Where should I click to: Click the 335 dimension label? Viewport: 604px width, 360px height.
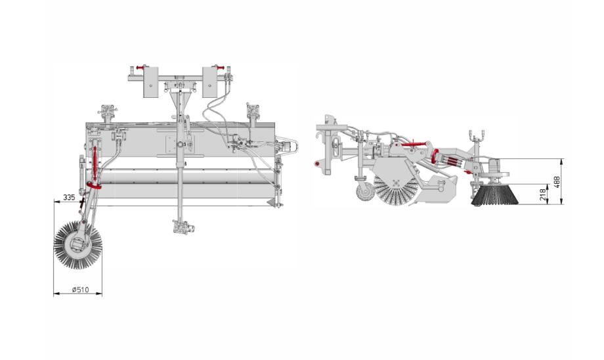point(69,197)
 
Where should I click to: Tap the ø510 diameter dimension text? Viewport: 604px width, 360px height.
point(80,290)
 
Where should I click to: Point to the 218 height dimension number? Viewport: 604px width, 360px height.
point(543,194)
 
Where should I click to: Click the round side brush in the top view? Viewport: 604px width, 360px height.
point(78,246)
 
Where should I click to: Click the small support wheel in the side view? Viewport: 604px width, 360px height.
point(363,192)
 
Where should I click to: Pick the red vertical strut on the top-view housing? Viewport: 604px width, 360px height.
point(95,163)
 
